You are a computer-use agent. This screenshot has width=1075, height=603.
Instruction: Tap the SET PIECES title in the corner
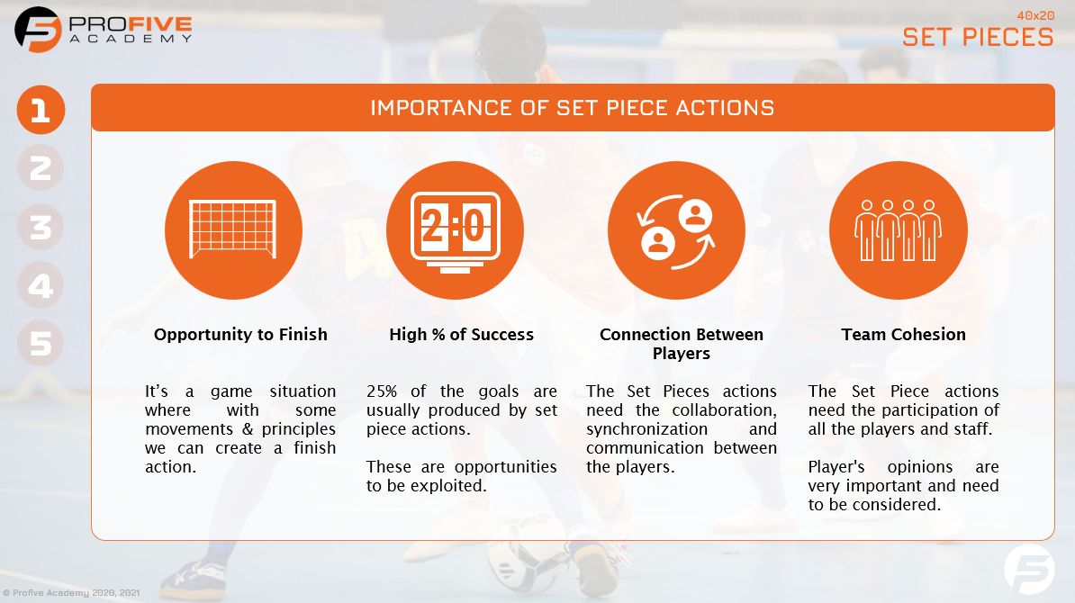coord(978,36)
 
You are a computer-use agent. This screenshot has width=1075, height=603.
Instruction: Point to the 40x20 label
coord(1034,15)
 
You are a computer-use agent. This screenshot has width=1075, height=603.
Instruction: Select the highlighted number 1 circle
coord(41,111)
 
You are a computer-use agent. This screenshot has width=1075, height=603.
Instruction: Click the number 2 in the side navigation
coord(41,168)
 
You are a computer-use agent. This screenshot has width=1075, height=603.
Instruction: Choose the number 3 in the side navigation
coord(41,227)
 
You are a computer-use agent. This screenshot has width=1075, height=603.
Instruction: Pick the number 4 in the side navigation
coord(41,285)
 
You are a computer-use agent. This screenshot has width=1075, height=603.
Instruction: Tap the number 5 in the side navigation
coord(41,344)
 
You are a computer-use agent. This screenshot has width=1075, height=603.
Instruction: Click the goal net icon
coord(233,230)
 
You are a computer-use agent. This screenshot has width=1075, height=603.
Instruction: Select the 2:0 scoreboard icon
coord(455,230)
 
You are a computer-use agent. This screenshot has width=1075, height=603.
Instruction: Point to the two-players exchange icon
coord(676,230)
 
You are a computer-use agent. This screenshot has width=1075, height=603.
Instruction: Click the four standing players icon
coord(898,230)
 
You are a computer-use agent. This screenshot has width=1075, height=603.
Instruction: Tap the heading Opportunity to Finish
coord(240,335)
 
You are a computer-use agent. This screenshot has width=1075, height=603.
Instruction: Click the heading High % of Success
coord(461,335)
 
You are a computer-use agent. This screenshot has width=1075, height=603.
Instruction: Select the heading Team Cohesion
coord(903,335)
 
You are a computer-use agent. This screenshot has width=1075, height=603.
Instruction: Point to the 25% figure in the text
coord(384,391)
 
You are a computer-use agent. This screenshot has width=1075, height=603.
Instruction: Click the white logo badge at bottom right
coord(1029,570)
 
